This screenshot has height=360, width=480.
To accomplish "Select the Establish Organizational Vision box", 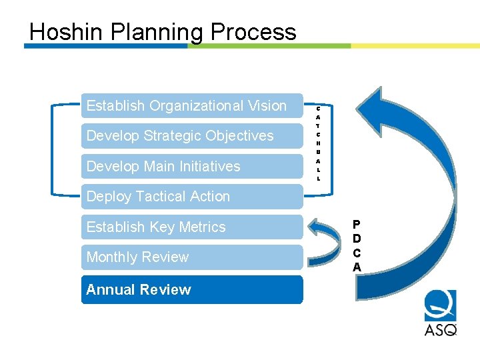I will pyautogui.click(x=192, y=106).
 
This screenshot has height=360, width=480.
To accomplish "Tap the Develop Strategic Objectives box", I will pyautogui.click(x=192, y=136).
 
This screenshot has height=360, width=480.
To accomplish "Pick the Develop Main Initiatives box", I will pyautogui.click(x=192, y=166).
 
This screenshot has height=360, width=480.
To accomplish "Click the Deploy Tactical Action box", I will pyautogui.click(x=192, y=197).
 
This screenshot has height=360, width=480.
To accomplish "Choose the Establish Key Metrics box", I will pyautogui.click(x=192, y=227).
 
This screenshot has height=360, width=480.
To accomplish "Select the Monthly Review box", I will pyautogui.click(x=192, y=257).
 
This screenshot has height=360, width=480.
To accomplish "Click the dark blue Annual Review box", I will pyautogui.click(x=192, y=290).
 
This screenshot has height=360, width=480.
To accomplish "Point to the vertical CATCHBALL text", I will pyautogui.click(x=318, y=143).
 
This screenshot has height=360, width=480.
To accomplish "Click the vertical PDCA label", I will pyautogui.click(x=357, y=245).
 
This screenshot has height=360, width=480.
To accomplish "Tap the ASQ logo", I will pyautogui.click(x=441, y=313).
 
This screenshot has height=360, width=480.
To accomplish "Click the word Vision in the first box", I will pyautogui.click(x=265, y=106).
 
